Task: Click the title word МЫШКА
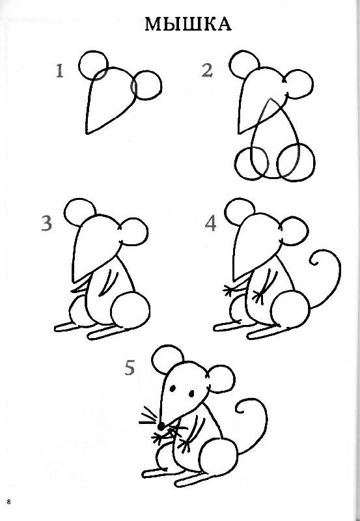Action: coord(188,25)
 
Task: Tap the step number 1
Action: coord(60,71)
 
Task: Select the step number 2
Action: coord(207,70)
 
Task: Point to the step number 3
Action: coord(47,223)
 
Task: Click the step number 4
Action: coord(210,223)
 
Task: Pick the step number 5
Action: coord(130,368)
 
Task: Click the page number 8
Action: coord(8,501)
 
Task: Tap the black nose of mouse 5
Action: coord(161,426)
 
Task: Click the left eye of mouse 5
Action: coord(173,388)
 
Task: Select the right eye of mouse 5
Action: coord(191,393)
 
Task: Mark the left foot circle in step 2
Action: coord(235,163)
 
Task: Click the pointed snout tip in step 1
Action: coord(87,134)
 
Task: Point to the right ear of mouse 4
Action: coord(308,231)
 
